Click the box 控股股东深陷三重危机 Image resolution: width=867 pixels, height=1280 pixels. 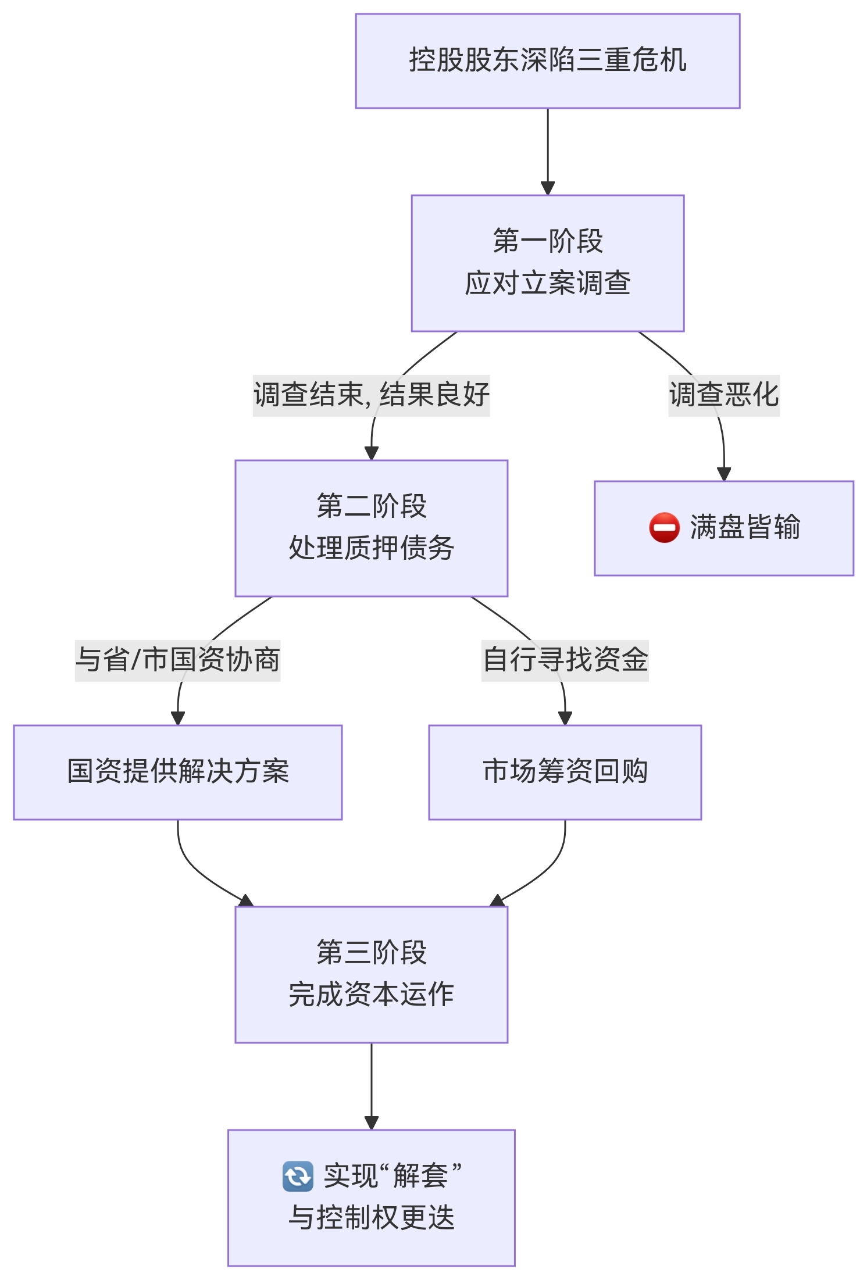point(547,61)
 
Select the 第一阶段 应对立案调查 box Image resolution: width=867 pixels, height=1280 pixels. point(547,263)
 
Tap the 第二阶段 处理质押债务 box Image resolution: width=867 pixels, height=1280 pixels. point(371,528)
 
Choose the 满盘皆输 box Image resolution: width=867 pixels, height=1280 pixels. point(723,528)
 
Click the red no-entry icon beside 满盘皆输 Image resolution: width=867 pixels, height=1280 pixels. point(664,528)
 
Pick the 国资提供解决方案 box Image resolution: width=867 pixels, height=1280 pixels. point(177,772)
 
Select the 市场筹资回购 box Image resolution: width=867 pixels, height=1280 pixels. point(565,772)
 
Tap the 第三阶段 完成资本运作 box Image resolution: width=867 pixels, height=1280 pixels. point(371,974)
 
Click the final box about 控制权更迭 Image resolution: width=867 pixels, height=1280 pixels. point(371,1197)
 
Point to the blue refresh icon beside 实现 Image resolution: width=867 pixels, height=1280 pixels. point(298,1176)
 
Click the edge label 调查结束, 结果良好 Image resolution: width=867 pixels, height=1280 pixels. point(371,395)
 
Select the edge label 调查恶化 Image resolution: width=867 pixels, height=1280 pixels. point(723,395)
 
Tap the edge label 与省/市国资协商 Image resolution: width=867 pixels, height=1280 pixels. point(177,660)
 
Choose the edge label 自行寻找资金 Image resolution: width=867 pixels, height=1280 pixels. point(565,660)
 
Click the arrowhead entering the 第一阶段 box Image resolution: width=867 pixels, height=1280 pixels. point(547,188)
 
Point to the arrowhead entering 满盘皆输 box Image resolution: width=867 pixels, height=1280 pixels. point(723,474)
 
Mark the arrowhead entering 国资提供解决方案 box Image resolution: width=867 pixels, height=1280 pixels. point(177,718)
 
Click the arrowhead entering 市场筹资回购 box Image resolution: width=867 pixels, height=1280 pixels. point(565,718)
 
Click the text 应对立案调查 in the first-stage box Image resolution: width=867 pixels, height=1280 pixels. point(547,284)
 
